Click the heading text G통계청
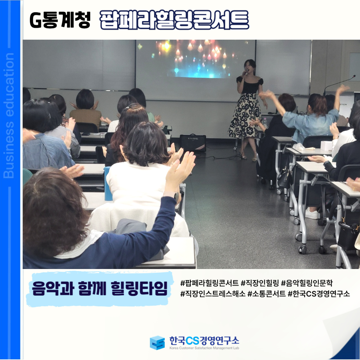click(60, 20)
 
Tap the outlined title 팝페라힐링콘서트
click(174, 20)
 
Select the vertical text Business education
click(9, 115)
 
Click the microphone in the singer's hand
click(245, 73)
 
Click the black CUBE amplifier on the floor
click(193, 143)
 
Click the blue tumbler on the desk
click(107, 184)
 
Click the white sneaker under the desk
click(312, 213)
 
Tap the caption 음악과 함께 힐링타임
click(100, 288)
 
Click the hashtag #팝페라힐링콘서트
click(209, 283)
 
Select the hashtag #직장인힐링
click(260, 283)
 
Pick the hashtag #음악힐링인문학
click(307, 283)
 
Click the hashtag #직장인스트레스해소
click(213, 294)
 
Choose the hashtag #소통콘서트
click(267, 294)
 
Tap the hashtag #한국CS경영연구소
click(319, 294)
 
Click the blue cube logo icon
click(157, 343)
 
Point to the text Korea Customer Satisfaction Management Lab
click(204, 348)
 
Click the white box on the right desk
click(326, 146)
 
